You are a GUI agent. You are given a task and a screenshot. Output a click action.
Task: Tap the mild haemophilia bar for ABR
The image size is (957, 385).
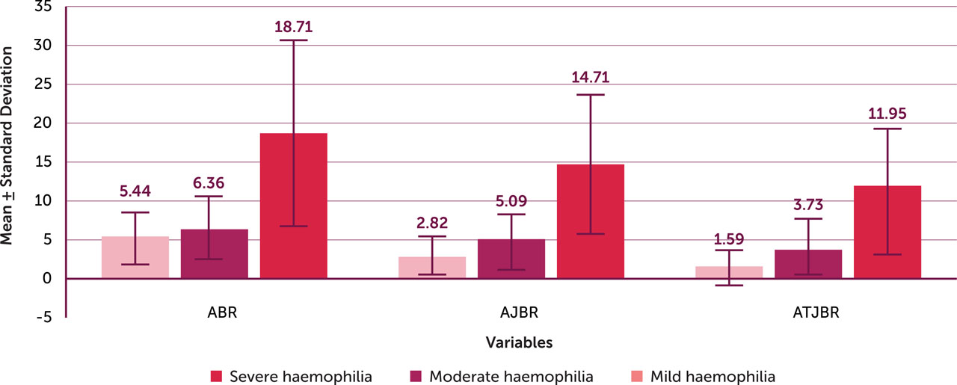tap(135, 258)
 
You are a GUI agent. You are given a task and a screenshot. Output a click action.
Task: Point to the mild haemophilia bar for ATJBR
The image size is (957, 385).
tap(729, 272)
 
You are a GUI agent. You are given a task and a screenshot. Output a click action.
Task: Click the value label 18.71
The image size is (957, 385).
tap(293, 27)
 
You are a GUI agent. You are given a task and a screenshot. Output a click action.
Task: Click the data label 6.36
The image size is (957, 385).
tap(214, 183)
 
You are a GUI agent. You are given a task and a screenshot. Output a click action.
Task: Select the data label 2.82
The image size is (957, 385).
tap(431, 224)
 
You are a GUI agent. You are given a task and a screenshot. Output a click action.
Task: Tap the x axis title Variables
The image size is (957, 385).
tap(519, 343)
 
